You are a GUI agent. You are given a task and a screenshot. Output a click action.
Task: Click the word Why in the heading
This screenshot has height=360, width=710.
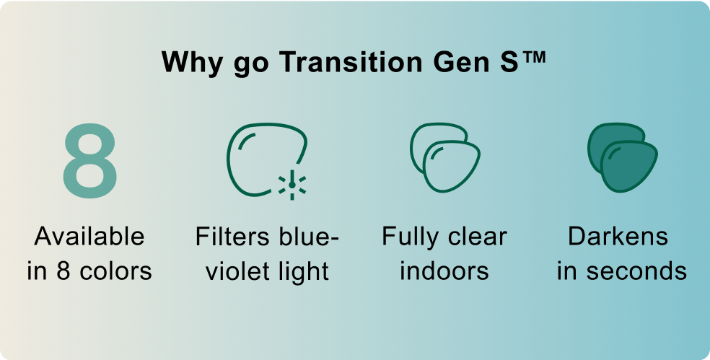click(x=192, y=63)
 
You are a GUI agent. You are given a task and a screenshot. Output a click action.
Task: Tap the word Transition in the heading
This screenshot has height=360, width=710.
click(x=351, y=61)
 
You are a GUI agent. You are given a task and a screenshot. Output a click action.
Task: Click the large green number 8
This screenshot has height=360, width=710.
click(x=89, y=161)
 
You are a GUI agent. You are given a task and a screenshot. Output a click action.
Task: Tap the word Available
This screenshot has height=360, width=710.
click(x=89, y=237)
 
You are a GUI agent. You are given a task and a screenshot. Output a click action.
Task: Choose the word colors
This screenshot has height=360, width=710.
click(x=116, y=271)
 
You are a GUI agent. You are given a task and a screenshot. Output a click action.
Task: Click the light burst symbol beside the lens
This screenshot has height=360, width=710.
click(x=292, y=184)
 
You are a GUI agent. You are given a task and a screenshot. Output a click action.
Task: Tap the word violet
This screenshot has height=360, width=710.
click(x=235, y=271)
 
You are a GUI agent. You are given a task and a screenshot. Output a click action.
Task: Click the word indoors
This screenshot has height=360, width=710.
click(x=444, y=271)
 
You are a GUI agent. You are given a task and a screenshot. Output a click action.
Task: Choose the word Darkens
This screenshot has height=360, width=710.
click(x=618, y=237)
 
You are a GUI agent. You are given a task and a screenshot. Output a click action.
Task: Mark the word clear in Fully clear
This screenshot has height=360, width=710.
click(x=477, y=237)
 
